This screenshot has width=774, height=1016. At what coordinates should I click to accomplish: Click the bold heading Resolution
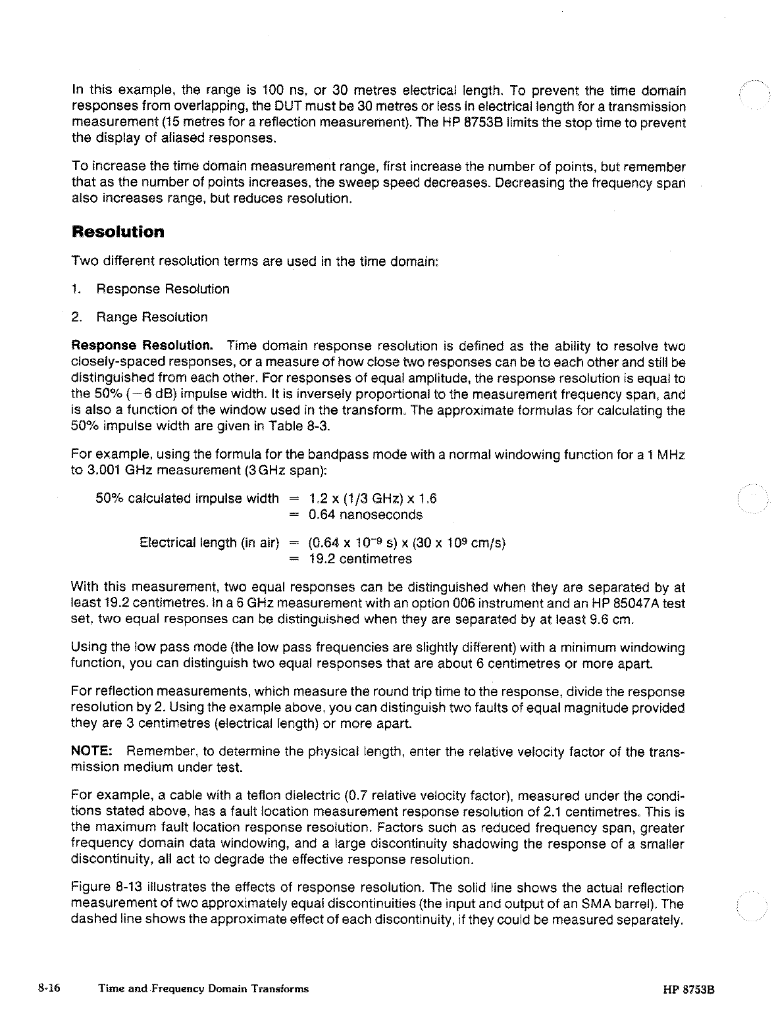118,232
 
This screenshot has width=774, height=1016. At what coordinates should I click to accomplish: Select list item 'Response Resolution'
163,290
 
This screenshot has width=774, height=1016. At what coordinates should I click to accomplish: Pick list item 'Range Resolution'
151,317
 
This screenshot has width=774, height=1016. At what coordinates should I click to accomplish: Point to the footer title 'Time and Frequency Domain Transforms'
203,988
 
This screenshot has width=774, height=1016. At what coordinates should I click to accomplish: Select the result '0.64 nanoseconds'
365,515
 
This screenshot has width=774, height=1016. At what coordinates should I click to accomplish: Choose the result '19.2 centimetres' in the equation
360,559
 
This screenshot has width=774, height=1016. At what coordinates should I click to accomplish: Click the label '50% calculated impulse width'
188,498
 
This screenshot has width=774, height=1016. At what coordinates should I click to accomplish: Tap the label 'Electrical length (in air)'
210,543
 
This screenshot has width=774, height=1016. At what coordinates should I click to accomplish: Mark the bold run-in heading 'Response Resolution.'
142,346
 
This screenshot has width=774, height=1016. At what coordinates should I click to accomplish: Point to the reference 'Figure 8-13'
101,889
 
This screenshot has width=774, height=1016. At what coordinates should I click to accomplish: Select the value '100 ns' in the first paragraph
282,90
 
